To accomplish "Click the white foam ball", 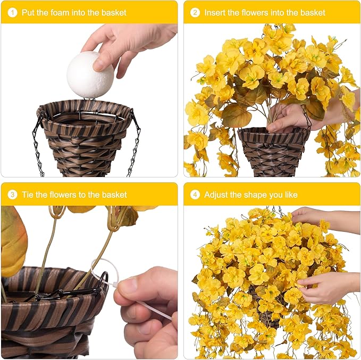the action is pyautogui.click(x=90, y=76).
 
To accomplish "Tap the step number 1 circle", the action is pyautogui.click(x=12, y=13).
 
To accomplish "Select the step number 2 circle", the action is pyautogui.click(x=195, y=13).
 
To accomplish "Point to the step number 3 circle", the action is pyautogui.click(x=12, y=195).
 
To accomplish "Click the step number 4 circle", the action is pyautogui.click(x=195, y=195).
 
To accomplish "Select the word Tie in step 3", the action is pyautogui.click(x=28, y=195).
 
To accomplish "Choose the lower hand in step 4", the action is pyautogui.click(x=327, y=288).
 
